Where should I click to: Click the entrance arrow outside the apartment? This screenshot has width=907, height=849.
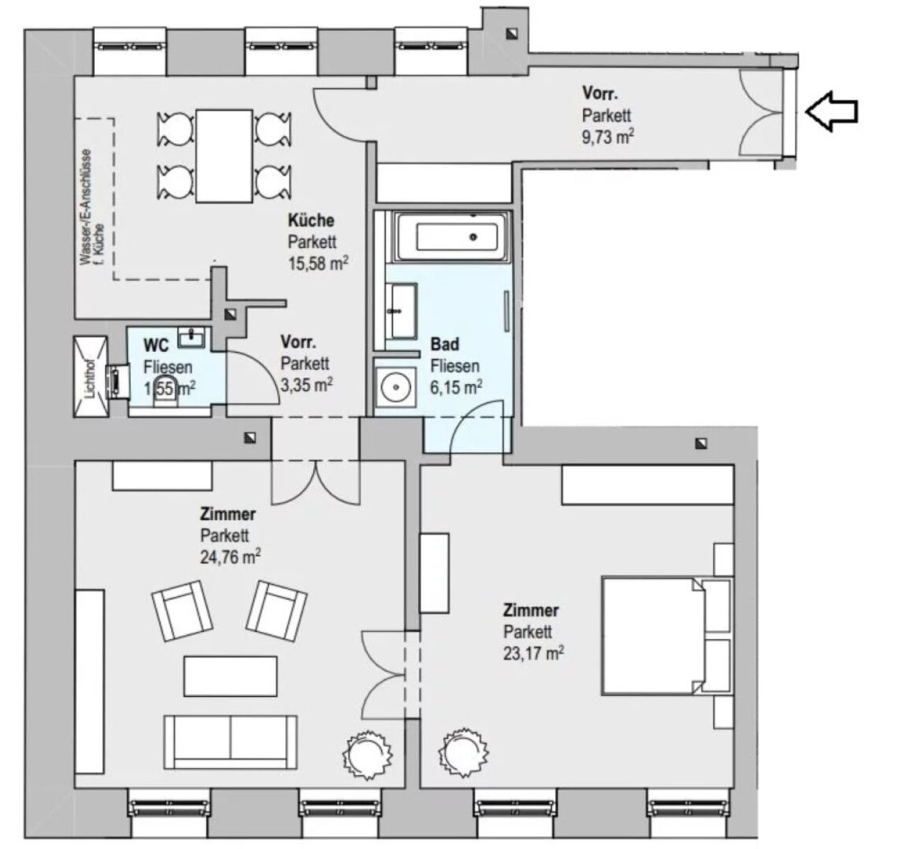[x=830, y=111]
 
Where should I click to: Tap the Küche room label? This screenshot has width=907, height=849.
[x=311, y=220]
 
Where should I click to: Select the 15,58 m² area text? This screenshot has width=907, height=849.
[x=318, y=263]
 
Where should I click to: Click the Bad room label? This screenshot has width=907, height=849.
[x=444, y=344]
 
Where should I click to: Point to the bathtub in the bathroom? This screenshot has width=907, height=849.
[x=452, y=237]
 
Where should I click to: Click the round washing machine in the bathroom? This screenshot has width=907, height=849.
[x=395, y=387]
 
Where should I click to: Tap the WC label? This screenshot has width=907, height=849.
[x=156, y=346]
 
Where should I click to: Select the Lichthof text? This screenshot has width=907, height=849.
[x=91, y=378]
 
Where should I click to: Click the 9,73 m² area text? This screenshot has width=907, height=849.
[x=608, y=137]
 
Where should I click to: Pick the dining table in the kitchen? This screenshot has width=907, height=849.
[x=224, y=156]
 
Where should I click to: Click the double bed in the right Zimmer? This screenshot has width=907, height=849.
[x=667, y=637]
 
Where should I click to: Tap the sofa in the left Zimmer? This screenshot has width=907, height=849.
[x=230, y=743]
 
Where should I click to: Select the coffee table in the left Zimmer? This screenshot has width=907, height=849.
[x=230, y=676]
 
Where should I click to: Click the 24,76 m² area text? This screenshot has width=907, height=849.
[x=230, y=557]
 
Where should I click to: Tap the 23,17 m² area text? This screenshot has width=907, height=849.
[x=534, y=653]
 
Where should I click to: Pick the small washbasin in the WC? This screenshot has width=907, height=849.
[x=191, y=338]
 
